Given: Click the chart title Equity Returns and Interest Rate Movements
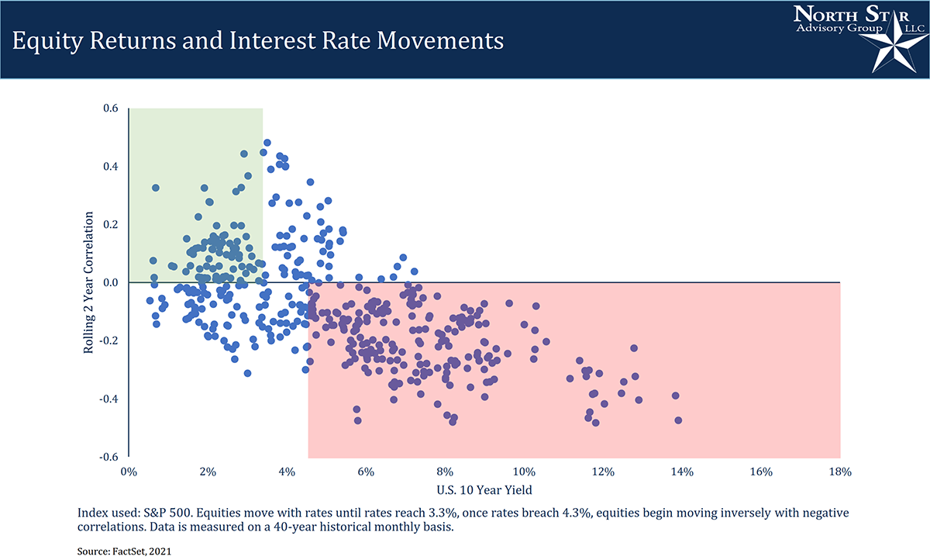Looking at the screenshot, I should tap(257, 40).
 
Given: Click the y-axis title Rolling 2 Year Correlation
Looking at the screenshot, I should tap(88, 283).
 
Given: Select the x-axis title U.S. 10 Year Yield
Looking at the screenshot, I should tap(484, 489).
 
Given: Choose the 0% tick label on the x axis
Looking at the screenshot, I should tap(129, 472).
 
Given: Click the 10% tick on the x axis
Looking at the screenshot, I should tap(524, 472).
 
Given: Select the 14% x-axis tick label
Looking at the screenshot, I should tap(682, 472).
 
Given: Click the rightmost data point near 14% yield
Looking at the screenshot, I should tap(678, 420).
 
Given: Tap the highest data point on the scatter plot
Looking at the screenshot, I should tap(267, 143).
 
